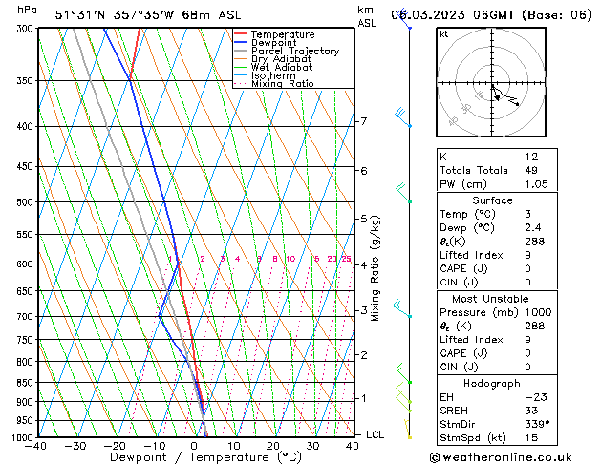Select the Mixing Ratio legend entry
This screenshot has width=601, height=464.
point(282,84)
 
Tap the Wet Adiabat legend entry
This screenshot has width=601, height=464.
point(282,68)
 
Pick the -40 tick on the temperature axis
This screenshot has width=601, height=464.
point(37,446)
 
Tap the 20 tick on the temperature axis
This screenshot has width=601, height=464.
point(273,446)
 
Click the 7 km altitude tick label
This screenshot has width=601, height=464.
point(363,121)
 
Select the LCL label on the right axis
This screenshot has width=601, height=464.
point(376,434)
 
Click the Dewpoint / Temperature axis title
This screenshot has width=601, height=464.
point(194,457)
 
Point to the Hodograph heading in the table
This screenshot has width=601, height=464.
point(493,383)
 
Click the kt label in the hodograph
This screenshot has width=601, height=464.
point(444,33)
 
